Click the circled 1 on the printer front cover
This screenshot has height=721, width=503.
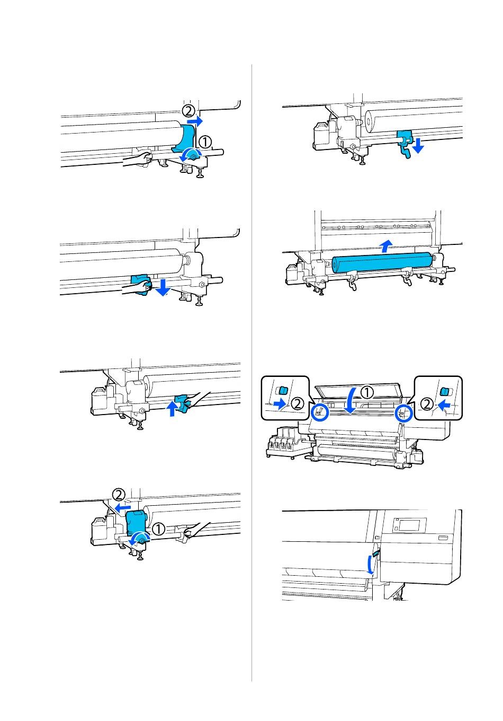click(x=366, y=392)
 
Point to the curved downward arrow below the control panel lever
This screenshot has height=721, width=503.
click(x=371, y=566)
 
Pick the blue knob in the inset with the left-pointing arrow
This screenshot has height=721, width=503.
click(x=444, y=391)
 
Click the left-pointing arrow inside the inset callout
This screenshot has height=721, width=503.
click(x=446, y=404)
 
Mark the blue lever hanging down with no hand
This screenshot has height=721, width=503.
click(x=405, y=143)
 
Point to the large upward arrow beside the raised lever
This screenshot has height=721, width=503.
click(x=172, y=409)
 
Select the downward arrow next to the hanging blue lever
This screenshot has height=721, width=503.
click(x=418, y=146)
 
